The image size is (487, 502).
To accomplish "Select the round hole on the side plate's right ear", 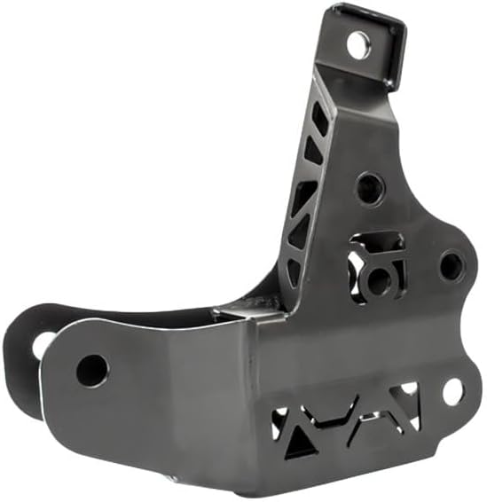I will click(451, 265).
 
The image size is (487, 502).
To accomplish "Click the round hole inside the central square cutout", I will click(379, 279).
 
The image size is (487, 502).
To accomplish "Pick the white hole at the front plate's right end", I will click(452, 391).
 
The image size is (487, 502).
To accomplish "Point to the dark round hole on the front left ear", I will click(92, 370).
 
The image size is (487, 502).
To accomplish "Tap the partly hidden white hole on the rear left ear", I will click(41, 343).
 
